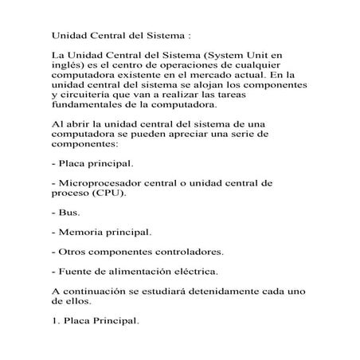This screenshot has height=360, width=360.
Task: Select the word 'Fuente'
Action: coord(75,272)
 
